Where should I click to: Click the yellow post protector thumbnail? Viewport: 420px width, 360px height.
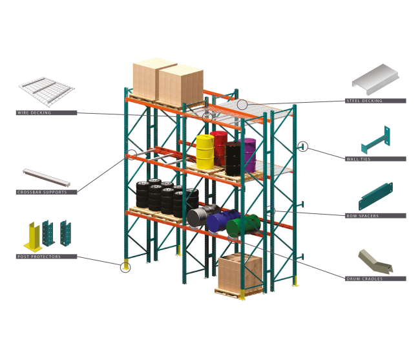tap(32, 237)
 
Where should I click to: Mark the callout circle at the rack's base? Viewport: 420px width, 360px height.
tap(125, 266)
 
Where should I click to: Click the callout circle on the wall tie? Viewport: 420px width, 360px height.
tap(303, 147)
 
